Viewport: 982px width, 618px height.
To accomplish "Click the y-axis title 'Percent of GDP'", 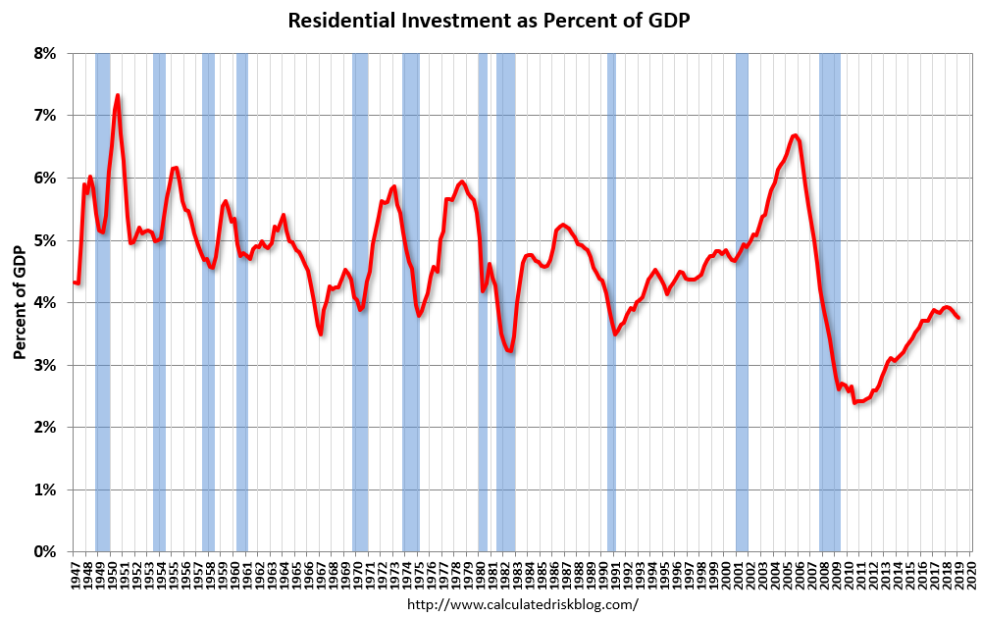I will click(20, 302).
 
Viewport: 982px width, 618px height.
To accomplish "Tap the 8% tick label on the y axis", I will click(44, 53).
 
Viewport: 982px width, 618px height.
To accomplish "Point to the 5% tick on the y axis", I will click(44, 240).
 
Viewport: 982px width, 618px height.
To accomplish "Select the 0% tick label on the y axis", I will click(44, 552).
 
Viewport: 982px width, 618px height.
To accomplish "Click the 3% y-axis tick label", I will click(44, 365).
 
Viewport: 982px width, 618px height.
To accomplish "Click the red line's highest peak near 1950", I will click(118, 96).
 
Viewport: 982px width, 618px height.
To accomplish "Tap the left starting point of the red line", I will click(74, 283).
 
